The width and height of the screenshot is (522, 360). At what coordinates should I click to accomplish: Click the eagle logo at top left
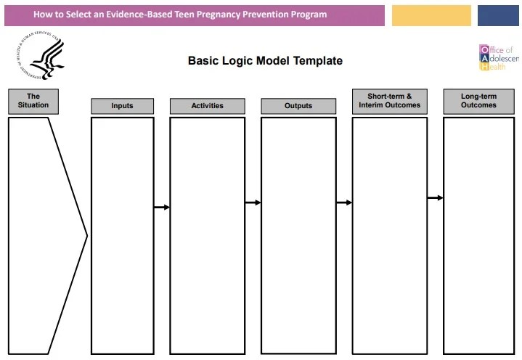tap(42, 58)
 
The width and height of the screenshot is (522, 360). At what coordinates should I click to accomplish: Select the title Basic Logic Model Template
tap(265, 61)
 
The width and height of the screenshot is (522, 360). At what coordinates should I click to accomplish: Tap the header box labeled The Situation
tap(33, 101)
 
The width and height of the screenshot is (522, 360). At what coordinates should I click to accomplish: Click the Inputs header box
tap(122, 106)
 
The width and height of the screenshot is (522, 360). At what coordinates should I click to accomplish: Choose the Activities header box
tap(207, 106)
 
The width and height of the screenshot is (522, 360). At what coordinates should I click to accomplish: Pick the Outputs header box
tap(298, 106)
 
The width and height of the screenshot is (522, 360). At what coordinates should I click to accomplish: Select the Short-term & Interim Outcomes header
tap(389, 101)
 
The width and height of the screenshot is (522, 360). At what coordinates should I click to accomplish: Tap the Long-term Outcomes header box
tap(478, 101)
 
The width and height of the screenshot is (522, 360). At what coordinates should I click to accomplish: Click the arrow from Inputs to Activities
tap(161, 208)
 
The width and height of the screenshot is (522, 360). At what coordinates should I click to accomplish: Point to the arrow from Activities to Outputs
tap(253, 202)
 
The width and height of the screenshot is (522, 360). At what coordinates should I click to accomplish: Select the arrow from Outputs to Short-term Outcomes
tap(343, 202)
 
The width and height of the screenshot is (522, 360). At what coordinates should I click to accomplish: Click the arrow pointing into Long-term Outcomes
tap(435, 197)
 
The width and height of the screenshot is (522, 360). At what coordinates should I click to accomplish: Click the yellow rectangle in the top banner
tap(431, 15)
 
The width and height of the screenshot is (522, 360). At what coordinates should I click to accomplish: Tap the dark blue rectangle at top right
tap(498, 15)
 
